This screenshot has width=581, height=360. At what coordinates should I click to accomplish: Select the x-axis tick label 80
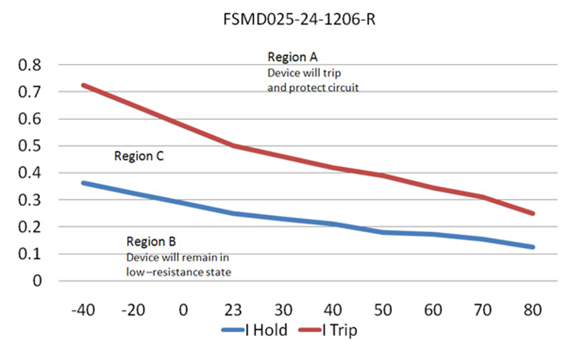click(x=533, y=310)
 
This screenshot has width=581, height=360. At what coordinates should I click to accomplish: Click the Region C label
click(x=139, y=156)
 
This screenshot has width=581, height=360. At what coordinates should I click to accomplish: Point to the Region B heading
click(x=151, y=241)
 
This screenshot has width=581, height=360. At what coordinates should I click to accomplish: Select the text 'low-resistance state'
click(x=178, y=272)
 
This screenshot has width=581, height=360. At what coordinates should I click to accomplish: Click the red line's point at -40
click(x=82, y=85)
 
